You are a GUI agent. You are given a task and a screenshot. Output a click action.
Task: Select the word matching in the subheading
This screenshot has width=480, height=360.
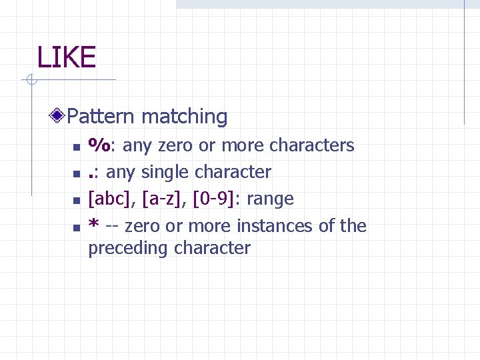coord(185,117)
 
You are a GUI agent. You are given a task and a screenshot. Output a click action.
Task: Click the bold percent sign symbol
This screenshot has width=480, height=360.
coord(101,145)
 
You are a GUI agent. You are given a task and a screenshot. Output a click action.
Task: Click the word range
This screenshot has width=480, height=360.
coord(269,199)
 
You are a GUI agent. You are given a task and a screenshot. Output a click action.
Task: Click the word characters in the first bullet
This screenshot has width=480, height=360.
coord(313,145)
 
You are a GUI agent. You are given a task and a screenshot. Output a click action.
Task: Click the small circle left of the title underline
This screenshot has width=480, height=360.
coord(30,81)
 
